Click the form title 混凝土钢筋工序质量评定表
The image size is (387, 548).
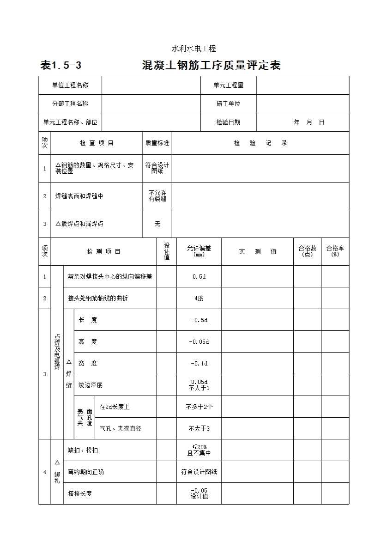[211, 66]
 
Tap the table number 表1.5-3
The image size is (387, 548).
[61, 66]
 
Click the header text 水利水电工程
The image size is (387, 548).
[194, 49]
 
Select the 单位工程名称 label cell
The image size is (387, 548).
[70, 85]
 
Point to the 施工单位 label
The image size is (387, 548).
[228, 104]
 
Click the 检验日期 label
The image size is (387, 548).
[228, 122]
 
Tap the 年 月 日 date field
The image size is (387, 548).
[309, 122]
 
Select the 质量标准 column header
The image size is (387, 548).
[157, 143]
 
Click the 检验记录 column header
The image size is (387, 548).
[260, 143]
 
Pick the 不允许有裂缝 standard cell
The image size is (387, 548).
[157, 196]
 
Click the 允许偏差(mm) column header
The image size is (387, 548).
[199, 251]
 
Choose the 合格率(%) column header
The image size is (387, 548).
[335, 251]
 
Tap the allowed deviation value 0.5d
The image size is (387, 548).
[199, 277]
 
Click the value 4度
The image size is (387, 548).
[199, 298]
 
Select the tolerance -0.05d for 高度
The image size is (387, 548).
[199, 341]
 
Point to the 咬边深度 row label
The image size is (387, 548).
[91, 385]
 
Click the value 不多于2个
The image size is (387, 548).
[199, 407]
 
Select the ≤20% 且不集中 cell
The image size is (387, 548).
[199, 450]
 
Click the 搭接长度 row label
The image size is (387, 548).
[80, 493]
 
